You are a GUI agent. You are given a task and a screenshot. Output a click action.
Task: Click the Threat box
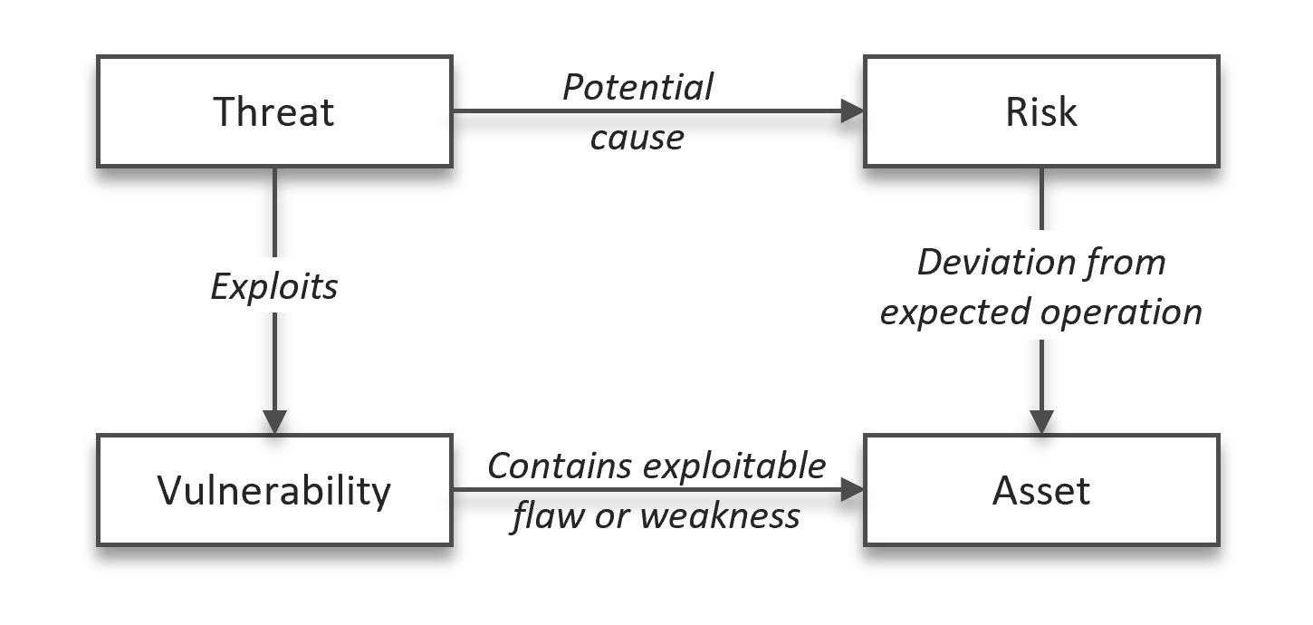[273, 111]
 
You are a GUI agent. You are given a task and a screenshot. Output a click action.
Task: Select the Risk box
[1040, 111]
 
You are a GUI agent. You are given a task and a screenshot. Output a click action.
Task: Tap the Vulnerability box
[273, 490]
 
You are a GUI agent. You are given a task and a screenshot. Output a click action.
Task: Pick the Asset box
[1040, 490]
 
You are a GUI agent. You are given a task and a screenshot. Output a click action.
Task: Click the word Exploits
[273, 286]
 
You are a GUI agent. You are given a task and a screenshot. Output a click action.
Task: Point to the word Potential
[637, 88]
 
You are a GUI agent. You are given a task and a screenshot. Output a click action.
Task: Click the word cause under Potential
[637, 138]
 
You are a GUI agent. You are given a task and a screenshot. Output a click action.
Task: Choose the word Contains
[560, 466]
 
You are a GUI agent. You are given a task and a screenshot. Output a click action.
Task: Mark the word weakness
[720, 515]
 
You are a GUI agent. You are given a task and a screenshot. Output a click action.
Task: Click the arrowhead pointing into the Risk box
[852, 111]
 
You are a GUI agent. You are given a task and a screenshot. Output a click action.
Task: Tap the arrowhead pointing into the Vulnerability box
[273, 421]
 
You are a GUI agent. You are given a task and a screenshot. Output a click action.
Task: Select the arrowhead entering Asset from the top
[1041, 421]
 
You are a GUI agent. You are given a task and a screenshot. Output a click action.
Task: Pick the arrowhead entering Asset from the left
[852, 490]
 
